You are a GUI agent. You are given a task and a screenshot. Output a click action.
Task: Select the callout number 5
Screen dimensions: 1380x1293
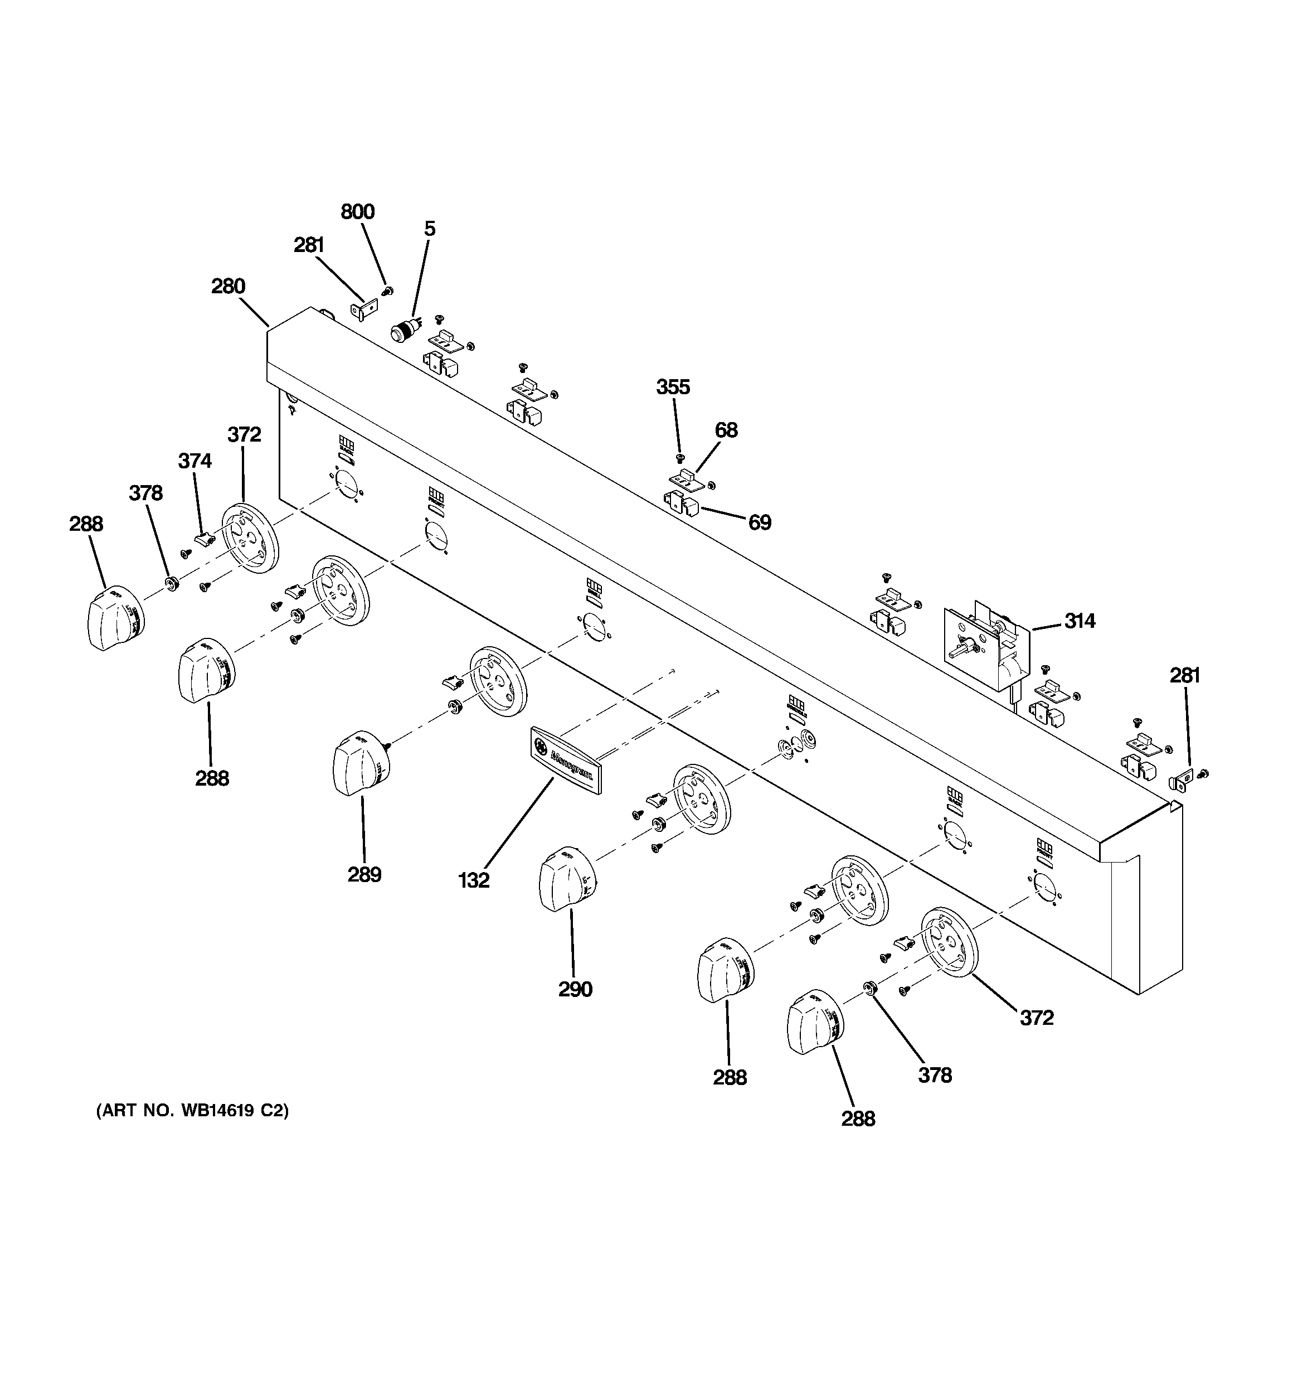[x=430, y=229]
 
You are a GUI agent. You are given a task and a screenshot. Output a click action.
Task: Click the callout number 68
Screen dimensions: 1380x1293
[x=726, y=430]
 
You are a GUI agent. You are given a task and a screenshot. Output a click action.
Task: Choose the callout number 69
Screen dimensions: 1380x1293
[x=759, y=522]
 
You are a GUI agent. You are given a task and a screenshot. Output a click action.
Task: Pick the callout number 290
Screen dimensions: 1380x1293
[x=575, y=989]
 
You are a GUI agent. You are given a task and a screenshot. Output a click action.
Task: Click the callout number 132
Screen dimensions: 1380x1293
[x=474, y=880]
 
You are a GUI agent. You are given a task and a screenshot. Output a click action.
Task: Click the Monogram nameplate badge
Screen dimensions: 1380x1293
[x=566, y=759]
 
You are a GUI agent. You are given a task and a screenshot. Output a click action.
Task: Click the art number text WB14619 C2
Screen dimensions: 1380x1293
[x=192, y=1111]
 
